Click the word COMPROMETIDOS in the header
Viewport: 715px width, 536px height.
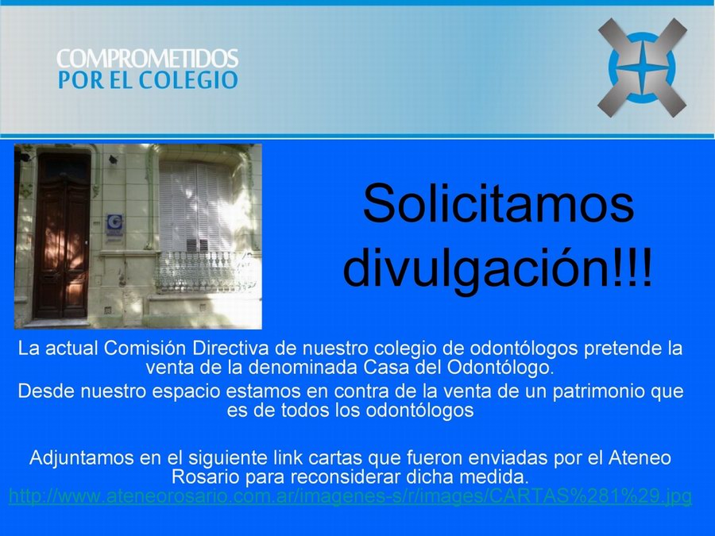pyautogui.click(x=147, y=58)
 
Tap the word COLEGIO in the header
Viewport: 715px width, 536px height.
pyautogui.click(x=187, y=79)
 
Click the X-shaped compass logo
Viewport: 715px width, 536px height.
pyautogui.click(x=642, y=67)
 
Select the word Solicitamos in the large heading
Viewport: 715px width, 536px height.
pyautogui.click(x=498, y=202)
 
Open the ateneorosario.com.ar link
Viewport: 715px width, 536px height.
pyautogui.click(x=350, y=496)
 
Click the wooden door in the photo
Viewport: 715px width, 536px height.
pyautogui.click(x=62, y=237)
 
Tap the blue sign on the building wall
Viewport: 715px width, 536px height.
pyautogui.click(x=114, y=226)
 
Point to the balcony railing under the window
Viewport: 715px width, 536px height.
pyautogui.click(x=203, y=272)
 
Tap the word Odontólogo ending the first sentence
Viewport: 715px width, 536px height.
pyautogui.click(x=500, y=368)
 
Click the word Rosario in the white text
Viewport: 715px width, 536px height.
pyautogui.click(x=205, y=476)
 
